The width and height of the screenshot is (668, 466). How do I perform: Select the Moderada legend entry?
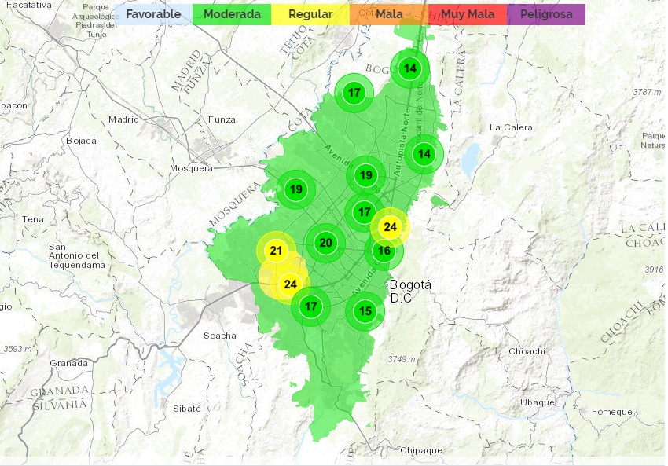point(232,14)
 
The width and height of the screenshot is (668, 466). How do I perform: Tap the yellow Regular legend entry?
point(310,14)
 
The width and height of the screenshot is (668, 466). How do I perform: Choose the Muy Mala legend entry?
point(468,14)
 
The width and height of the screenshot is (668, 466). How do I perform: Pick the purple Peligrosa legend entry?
point(546,14)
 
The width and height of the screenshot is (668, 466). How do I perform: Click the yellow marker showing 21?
point(276,251)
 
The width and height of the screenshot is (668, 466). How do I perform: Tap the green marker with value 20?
point(325,243)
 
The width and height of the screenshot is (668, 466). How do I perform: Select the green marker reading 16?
point(384,251)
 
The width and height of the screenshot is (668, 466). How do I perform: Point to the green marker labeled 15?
point(365,311)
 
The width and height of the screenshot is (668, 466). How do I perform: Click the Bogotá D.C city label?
point(406,291)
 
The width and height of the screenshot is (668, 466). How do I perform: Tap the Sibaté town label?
point(187,409)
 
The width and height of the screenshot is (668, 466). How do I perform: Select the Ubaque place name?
point(538,402)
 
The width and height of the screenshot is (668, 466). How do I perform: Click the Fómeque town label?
point(612,412)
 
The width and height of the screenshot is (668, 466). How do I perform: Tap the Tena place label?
point(34,219)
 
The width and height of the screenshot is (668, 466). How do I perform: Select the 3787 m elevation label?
point(646,92)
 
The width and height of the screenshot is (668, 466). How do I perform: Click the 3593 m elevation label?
point(17,348)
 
